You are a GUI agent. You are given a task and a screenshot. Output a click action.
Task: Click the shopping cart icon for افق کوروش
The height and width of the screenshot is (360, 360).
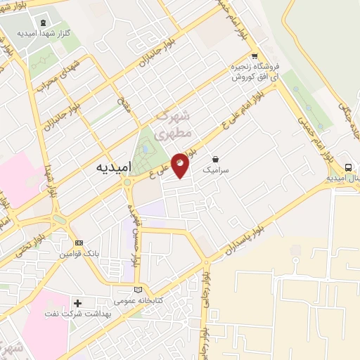tap(254, 57)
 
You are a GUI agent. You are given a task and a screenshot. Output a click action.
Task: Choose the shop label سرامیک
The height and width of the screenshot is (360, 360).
tap(214, 169)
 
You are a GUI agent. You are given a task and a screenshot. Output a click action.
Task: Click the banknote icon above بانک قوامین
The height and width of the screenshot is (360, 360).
tap(79, 243)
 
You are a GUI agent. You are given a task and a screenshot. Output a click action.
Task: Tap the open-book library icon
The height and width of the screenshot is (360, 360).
tap(138, 290)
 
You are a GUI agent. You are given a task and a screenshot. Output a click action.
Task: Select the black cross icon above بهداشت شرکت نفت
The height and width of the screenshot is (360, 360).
tap(78, 303)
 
